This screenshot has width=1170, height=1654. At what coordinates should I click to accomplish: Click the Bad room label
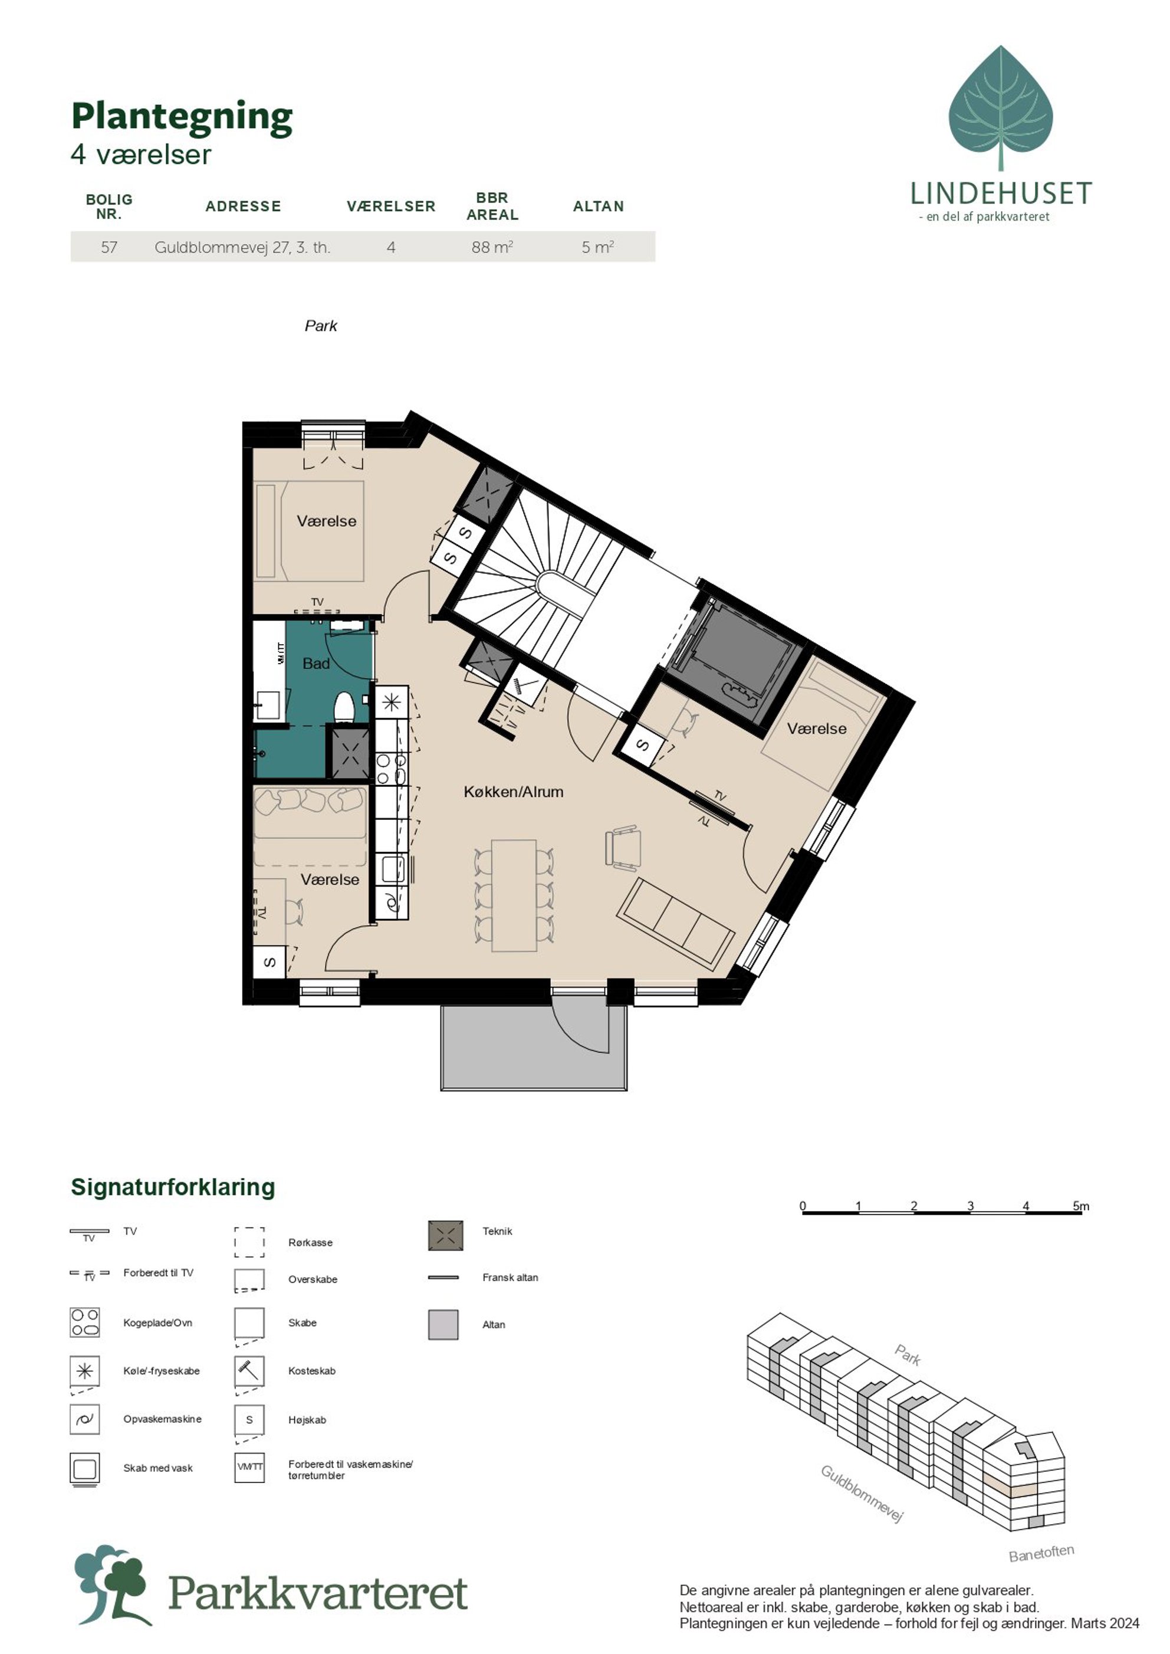(315, 663)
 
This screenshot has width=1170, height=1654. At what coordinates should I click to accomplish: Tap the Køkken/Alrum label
(513, 792)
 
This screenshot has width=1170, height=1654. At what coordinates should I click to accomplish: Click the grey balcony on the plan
(533, 1046)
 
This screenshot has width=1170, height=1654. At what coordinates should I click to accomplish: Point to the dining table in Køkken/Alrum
(514, 895)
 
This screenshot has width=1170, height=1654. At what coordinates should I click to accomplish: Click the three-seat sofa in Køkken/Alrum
(675, 923)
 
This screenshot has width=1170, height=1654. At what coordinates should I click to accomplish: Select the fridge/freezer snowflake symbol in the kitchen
(391, 702)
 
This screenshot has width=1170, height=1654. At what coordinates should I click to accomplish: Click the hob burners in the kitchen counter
(391, 768)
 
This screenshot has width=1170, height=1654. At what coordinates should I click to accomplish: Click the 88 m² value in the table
(492, 247)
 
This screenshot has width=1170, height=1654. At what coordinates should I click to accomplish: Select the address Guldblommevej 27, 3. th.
(242, 247)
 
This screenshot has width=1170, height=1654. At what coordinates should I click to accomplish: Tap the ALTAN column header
(598, 206)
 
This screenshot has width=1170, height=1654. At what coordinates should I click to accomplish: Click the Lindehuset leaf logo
(1001, 108)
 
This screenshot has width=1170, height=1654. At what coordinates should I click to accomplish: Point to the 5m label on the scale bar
(1081, 1206)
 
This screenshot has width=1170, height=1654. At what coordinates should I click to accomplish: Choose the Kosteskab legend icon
(249, 1371)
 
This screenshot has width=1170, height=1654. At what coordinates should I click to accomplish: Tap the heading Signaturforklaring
(173, 1187)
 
